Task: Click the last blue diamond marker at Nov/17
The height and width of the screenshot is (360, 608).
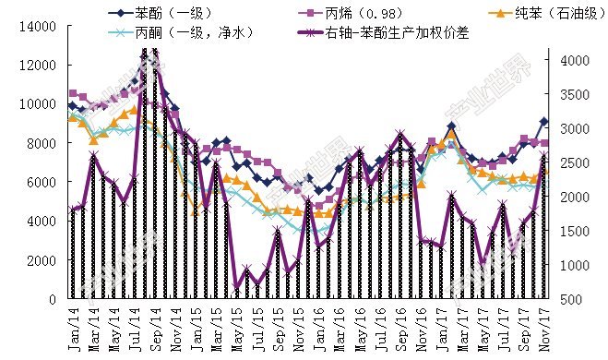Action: (543, 122)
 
